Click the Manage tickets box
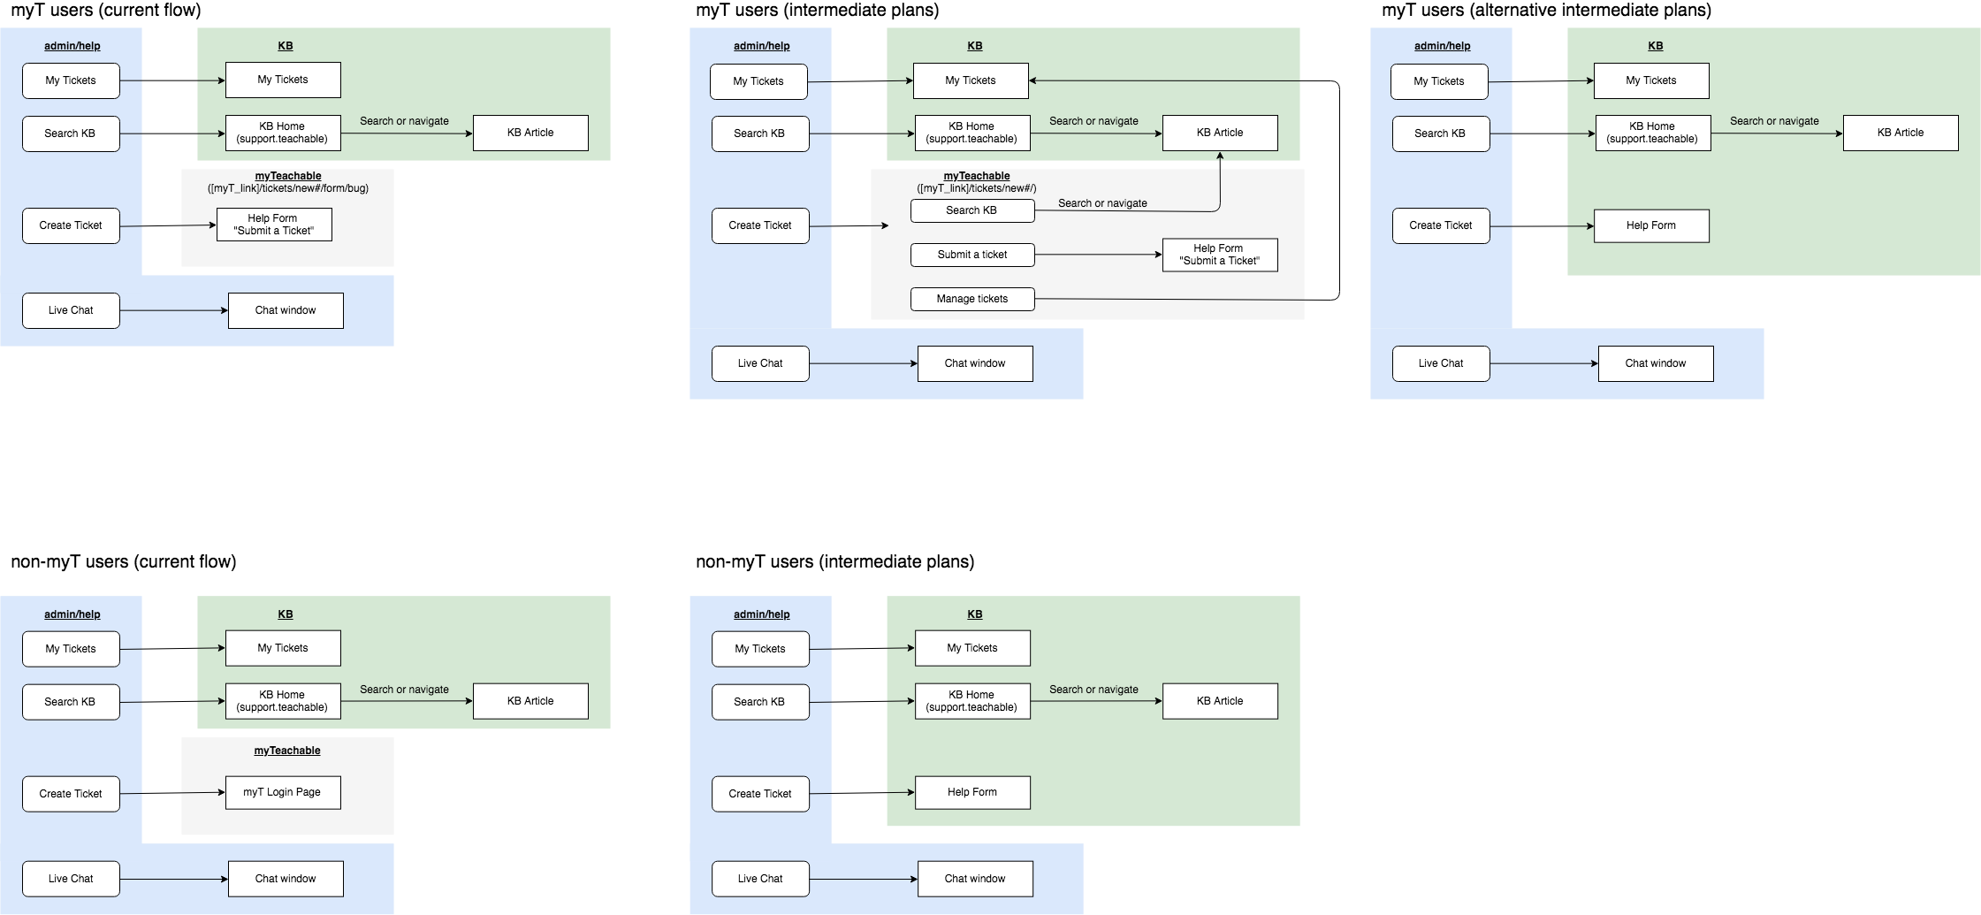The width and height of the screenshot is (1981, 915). pyautogui.click(x=972, y=299)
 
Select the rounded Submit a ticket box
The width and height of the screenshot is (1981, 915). pyautogui.click(x=972, y=255)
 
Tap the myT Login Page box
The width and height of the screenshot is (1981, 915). pyautogui.click(x=283, y=792)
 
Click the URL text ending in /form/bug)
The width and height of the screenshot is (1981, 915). pyautogui.click(x=288, y=188)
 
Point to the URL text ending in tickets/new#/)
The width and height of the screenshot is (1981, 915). pyautogui.click(x=977, y=188)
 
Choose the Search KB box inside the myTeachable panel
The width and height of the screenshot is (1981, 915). pyautogui.click(x=972, y=210)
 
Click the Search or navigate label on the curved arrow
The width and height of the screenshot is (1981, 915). pyautogui.click(x=1102, y=203)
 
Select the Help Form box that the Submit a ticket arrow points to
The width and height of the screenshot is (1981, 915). pyautogui.click(x=1220, y=255)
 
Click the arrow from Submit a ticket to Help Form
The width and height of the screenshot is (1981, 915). pyautogui.click(x=1096, y=255)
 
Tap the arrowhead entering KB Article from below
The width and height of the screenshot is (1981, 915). pyautogui.click(x=1220, y=156)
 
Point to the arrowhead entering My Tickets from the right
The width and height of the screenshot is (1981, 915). pyautogui.click(x=1033, y=80)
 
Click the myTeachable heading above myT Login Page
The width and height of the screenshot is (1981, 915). pyautogui.click(x=287, y=751)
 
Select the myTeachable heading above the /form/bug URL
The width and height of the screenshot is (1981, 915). pyautogui.click(x=288, y=176)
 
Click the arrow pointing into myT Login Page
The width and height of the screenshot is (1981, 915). pyautogui.click(x=194, y=793)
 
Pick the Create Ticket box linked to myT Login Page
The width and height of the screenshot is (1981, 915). pyautogui.click(x=71, y=794)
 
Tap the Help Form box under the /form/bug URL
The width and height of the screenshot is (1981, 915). pyautogui.click(x=274, y=225)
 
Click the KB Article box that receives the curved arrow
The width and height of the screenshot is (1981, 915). pyautogui.click(x=1220, y=133)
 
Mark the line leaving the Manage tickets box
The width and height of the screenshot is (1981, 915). pyautogui.click(x=1167, y=300)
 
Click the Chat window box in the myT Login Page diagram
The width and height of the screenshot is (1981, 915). pyautogui.click(x=286, y=879)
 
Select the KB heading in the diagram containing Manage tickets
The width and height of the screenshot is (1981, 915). pyautogui.click(x=975, y=46)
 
